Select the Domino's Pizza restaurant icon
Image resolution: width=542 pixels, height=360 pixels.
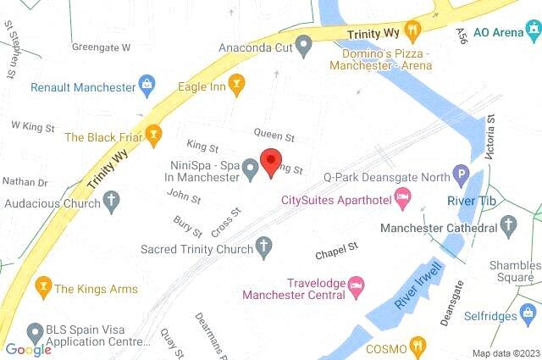point(413,32)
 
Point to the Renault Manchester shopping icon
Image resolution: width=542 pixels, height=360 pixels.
point(148,86)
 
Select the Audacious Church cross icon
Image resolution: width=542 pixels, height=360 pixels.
point(111,202)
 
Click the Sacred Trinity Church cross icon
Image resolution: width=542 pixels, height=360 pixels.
point(264,248)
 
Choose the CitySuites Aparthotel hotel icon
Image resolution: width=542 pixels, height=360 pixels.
point(405,200)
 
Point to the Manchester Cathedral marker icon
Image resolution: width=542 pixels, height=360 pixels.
point(508,225)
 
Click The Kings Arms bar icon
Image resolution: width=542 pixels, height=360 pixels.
point(41,287)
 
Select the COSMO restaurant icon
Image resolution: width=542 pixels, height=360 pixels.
point(416,346)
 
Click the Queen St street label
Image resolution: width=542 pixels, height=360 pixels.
point(274,136)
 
